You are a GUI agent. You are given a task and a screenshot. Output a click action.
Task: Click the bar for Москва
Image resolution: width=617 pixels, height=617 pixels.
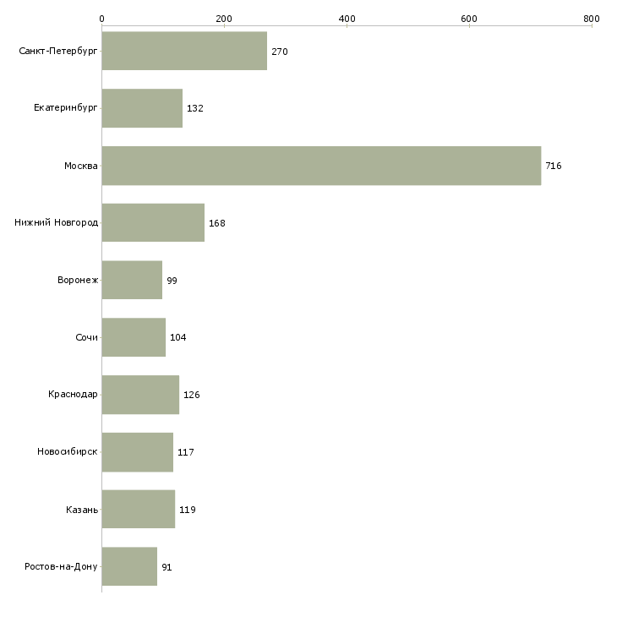[321, 166]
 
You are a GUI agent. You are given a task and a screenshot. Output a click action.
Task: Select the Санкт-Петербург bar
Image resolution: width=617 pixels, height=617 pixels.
[184, 52]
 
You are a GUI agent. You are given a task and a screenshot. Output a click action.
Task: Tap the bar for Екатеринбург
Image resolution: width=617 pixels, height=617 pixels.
[142, 108]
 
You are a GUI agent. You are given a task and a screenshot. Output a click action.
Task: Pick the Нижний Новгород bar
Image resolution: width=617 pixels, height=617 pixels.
[153, 223]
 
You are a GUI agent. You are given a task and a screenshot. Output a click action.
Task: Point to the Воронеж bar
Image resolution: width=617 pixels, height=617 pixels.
[132, 280]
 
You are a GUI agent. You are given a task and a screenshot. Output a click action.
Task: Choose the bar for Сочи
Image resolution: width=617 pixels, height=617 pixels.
[134, 337]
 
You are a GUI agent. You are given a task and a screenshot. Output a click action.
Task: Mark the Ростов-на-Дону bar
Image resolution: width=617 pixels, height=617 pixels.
[129, 566]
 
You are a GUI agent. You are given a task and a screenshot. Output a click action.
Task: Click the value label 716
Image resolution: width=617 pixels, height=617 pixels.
[554, 166]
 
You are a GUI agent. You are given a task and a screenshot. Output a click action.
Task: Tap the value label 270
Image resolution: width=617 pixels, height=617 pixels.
[280, 52]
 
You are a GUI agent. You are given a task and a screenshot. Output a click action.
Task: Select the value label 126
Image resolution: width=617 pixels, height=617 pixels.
[192, 395]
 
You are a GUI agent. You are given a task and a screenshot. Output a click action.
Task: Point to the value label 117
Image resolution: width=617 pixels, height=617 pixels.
[186, 452]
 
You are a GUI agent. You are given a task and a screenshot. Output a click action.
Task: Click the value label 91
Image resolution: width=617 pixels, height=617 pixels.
[167, 567]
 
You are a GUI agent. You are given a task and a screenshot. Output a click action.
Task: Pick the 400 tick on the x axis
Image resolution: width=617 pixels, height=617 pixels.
[347, 19]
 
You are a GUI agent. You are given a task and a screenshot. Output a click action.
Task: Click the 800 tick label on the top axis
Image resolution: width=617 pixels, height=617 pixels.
[591, 19]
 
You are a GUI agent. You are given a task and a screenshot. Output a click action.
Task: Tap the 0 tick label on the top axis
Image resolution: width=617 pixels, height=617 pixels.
[101, 19]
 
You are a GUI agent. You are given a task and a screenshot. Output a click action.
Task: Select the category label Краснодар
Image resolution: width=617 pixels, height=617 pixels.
[73, 395]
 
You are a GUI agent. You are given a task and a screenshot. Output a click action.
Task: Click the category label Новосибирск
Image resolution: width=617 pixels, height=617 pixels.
[68, 452]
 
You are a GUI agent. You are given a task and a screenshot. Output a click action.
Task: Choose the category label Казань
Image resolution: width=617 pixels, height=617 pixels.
[82, 510]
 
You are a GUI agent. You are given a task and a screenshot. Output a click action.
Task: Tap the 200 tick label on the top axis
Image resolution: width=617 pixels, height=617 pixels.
[224, 19]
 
